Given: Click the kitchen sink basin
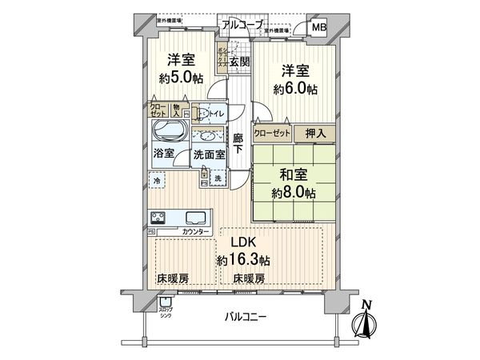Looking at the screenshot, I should (196, 218).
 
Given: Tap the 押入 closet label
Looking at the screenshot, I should (314, 135).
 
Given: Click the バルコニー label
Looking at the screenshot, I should (244, 318).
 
